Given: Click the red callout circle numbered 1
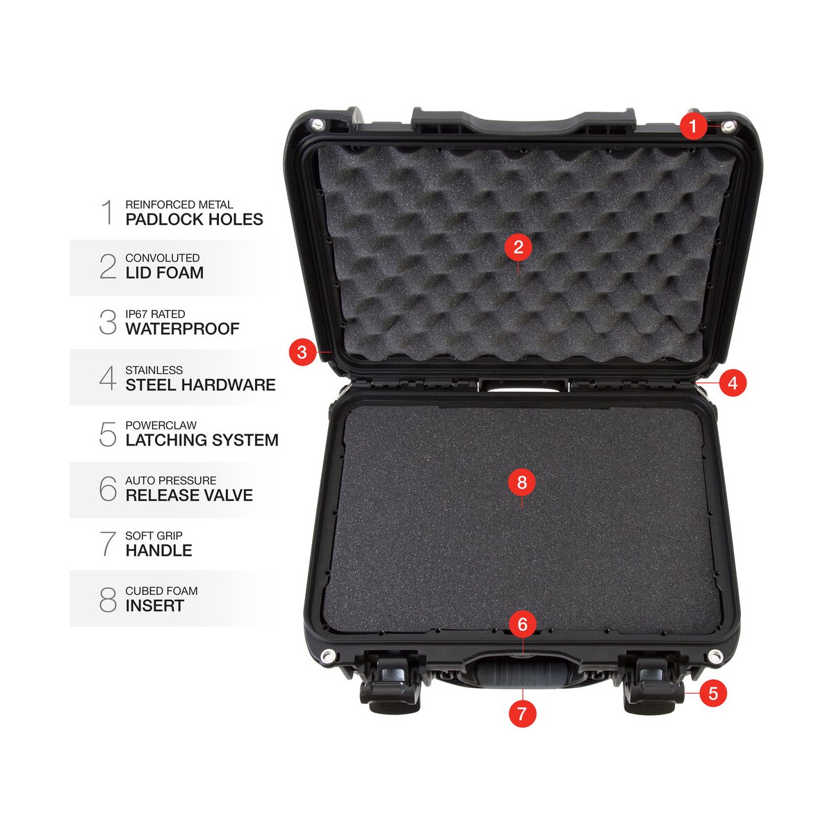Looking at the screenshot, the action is (x=693, y=126).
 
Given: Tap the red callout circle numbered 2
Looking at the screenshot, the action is (x=518, y=247).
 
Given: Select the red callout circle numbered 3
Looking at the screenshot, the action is (x=302, y=352).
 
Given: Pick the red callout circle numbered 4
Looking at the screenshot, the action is (x=733, y=382).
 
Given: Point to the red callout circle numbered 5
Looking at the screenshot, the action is (x=713, y=693).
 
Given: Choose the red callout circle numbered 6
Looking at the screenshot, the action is (x=523, y=624).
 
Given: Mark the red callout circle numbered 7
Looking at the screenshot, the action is (x=523, y=713).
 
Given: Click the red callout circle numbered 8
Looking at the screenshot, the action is (x=522, y=482).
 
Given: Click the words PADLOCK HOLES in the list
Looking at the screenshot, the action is (x=195, y=220).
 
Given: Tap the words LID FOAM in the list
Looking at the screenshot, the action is (x=165, y=272).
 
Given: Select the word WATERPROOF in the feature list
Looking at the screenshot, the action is (x=183, y=329).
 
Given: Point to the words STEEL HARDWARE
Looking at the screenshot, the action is (x=200, y=385).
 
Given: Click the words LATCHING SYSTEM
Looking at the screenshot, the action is (x=202, y=440).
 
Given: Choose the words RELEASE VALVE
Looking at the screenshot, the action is (x=189, y=495).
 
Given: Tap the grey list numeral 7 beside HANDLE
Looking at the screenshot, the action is (x=108, y=544).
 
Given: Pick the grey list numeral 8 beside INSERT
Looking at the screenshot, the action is (x=108, y=599).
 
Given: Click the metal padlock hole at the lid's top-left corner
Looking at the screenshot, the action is (x=318, y=124).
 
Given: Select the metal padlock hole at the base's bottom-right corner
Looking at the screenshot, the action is (x=714, y=656).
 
